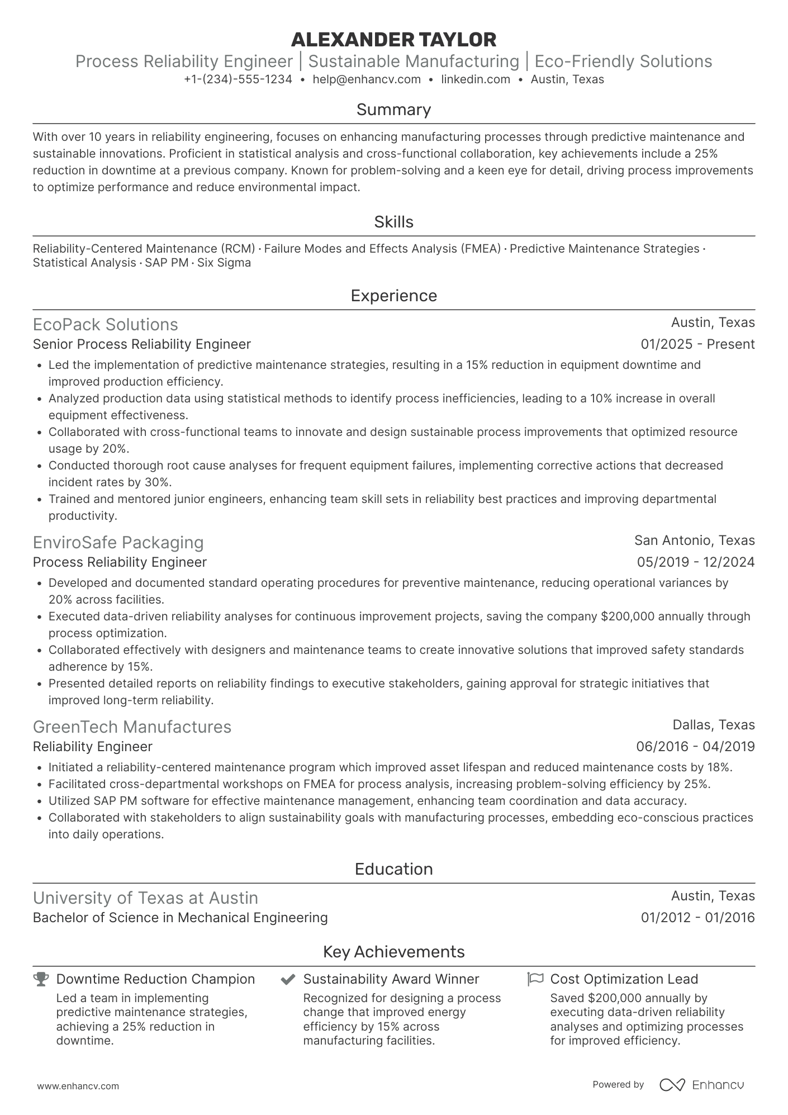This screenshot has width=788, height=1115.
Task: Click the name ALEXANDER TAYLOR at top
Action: tap(393, 40)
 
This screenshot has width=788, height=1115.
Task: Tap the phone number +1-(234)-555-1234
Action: tap(238, 79)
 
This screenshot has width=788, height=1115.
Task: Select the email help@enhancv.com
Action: tap(367, 79)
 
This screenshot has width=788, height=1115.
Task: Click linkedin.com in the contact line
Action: tap(476, 79)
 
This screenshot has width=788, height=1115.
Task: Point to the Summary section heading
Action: tap(393, 110)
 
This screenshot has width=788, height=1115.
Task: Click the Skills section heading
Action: tap(393, 222)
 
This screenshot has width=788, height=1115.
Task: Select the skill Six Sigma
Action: tap(224, 263)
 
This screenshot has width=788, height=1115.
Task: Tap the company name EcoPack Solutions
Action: tap(105, 325)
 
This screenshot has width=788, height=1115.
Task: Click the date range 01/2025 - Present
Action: tap(697, 344)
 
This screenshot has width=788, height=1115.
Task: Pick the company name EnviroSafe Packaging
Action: tap(118, 543)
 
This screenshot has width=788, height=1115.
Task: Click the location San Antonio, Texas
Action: tap(694, 540)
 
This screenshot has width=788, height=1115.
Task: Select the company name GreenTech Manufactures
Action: tap(132, 727)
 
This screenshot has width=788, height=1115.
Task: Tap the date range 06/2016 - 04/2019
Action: tap(695, 747)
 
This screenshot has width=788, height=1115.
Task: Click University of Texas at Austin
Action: tap(145, 898)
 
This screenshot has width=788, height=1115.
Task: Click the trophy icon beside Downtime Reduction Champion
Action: tap(41, 979)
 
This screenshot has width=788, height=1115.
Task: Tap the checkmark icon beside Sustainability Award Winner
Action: tap(288, 979)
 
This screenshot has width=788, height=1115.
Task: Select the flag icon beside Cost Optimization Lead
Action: tap(535, 979)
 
